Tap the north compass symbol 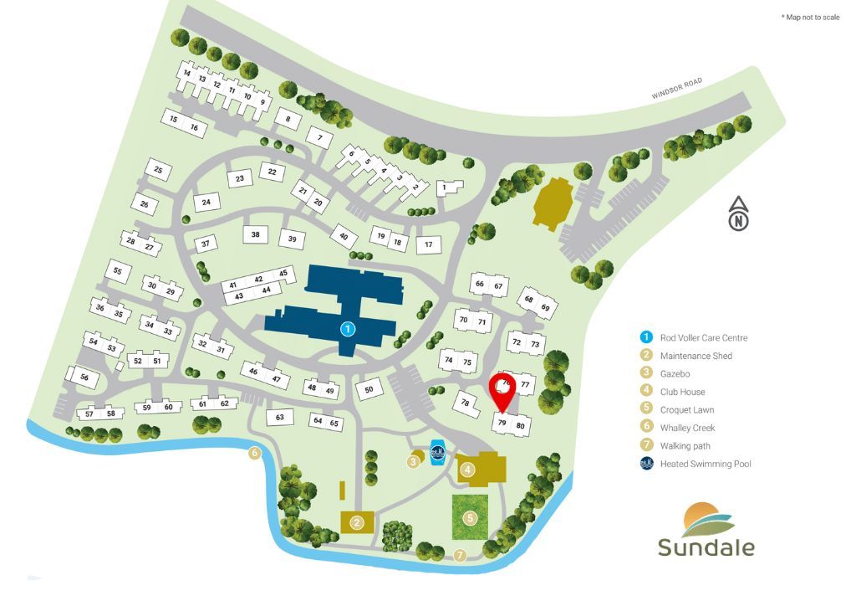(739, 214)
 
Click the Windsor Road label (677, 90)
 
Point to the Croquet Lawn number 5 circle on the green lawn (471, 518)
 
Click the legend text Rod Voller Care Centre (703, 338)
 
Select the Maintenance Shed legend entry (695, 357)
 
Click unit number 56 (84, 377)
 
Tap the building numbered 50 (369, 388)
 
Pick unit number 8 (288, 120)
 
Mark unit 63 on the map (280, 417)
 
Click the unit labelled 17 (428, 244)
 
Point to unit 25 (158, 170)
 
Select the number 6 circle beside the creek (256, 454)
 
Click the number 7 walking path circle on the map (460, 554)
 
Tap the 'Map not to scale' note (810, 18)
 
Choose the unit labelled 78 (466, 403)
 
